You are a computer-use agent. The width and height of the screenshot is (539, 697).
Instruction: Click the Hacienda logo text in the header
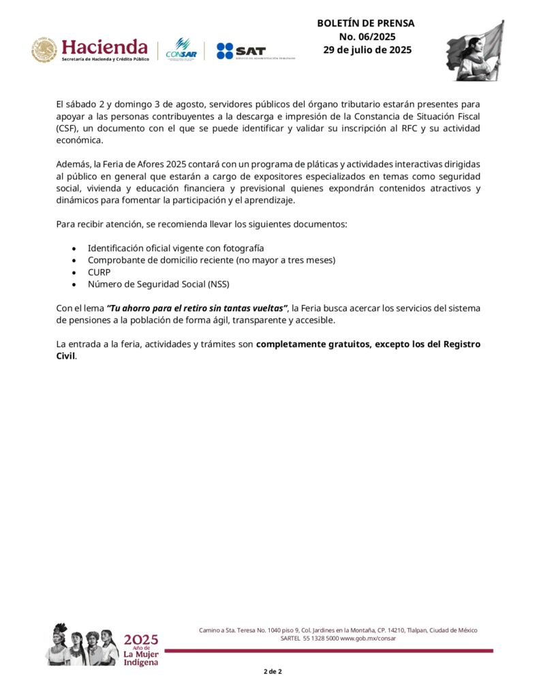[x=104, y=47]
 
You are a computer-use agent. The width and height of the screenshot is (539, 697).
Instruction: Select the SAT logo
[x=241, y=51]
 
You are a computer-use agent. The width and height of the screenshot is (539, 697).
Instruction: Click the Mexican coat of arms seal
[x=44, y=50]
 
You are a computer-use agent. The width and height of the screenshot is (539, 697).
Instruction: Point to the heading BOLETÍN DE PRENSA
[x=365, y=23]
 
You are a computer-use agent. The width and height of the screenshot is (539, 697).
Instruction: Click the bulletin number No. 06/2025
[x=367, y=37]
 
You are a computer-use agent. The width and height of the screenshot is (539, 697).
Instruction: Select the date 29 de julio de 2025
[x=367, y=50]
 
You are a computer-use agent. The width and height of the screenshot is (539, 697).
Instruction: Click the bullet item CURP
[x=99, y=272]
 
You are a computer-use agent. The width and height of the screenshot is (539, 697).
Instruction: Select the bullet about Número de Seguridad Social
[x=164, y=284]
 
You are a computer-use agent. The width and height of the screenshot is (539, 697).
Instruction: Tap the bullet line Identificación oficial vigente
[x=175, y=247]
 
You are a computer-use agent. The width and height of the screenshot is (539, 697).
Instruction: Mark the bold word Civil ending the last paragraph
[x=65, y=356]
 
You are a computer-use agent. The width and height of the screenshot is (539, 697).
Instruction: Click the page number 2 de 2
[x=273, y=672]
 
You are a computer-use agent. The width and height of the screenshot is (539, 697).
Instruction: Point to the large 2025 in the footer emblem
[x=141, y=639]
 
